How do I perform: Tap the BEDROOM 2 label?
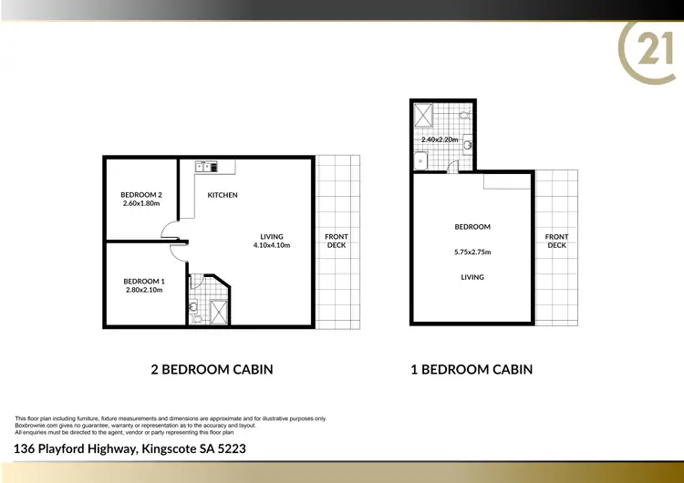tap(140, 194)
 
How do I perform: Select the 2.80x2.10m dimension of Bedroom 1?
tap(143, 292)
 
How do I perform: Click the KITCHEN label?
tap(223, 195)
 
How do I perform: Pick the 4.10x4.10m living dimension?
tap(272, 245)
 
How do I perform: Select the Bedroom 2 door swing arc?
tap(169, 233)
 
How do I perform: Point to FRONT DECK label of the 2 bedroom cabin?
tap(337, 241)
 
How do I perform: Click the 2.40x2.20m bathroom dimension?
tap(440, 139)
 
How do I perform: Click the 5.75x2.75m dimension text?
tap(472, 252)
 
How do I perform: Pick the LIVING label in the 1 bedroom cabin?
tap(472, 277)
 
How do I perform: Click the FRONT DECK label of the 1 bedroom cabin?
tap(556, 241)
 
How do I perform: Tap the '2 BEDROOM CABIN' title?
tap(211, 369)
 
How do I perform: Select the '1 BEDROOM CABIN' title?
tap(472, 369)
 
